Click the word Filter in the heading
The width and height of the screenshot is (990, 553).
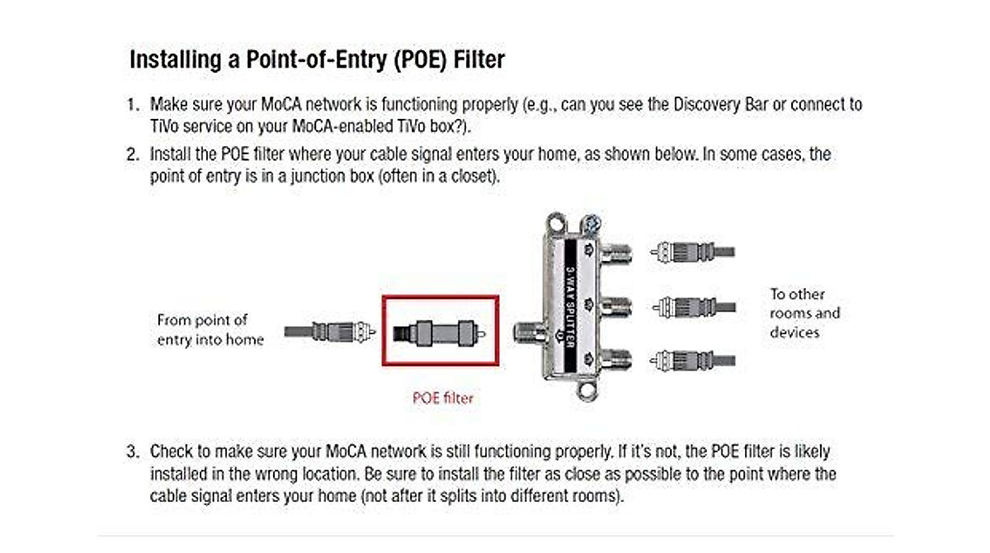pyautogui.click(x=471, y=61)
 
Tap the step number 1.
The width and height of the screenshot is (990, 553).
pyautogui.click(x=131, y=106)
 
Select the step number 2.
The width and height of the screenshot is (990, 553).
pyautogui.click(x=131, y=155)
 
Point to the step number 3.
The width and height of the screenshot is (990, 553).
pyautogui.click(x=131, y=452)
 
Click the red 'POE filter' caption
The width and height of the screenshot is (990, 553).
pyautogui.click(x=443, y=398)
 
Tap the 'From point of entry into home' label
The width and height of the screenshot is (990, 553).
pyautogui.click(x=210, y=329)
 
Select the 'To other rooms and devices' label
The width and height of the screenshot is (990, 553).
pyautogui.click(x=804, y=313)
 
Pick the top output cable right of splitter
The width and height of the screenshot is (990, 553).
pyautogui.click(x=693, y=252)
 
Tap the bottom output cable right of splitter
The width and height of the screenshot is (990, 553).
pyautogui.click(x=693, y=360)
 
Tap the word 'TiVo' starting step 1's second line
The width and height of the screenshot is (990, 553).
pyautogui.click(x=163, y=128)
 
